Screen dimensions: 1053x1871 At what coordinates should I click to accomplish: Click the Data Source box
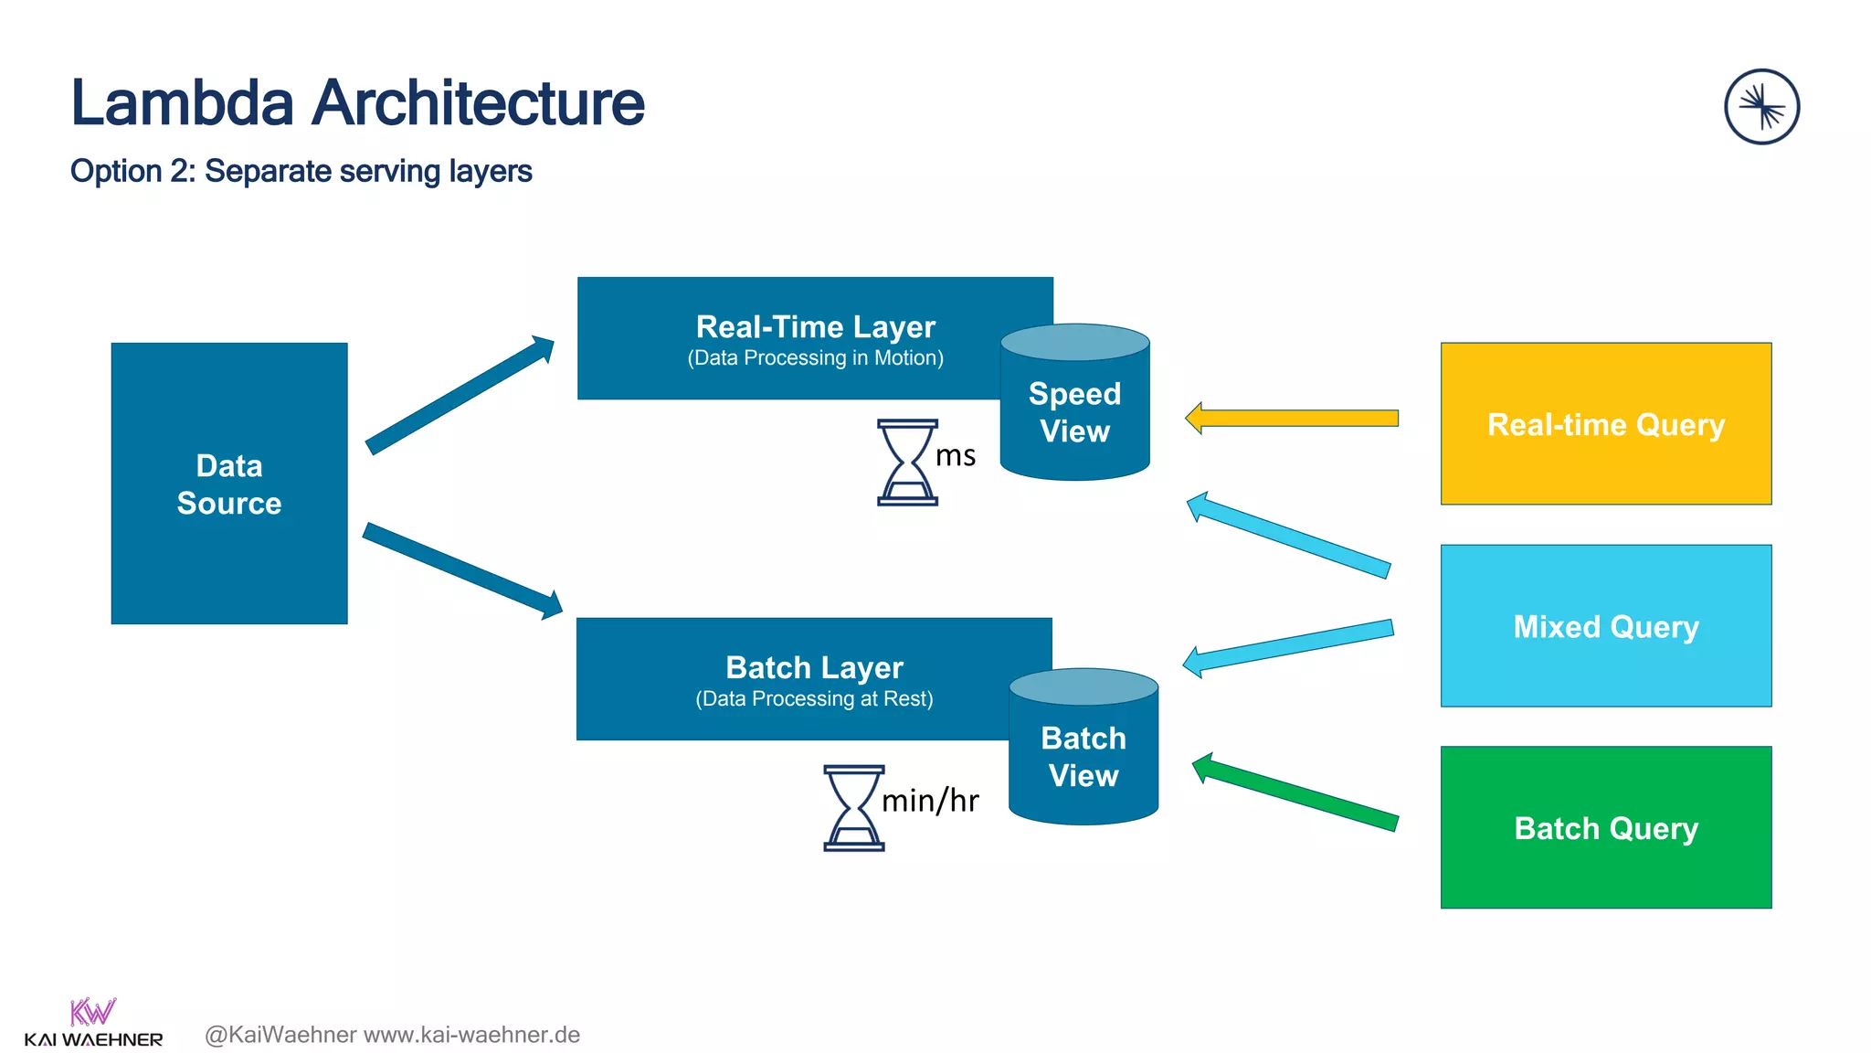click(x=228, y=484)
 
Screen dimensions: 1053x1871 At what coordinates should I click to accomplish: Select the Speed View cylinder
click(x=1074, y=411)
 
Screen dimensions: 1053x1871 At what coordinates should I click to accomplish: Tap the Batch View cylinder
click(x=1083, y=756)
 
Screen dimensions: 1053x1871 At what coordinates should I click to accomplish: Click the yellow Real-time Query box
click(x=1605, y=424)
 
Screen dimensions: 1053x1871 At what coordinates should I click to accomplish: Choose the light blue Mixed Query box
click(x=1605, y=626)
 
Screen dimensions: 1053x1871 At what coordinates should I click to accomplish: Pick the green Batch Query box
click(x=1605, y=828)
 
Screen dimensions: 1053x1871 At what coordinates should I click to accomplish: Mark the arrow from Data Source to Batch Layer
click(x=461, y=569)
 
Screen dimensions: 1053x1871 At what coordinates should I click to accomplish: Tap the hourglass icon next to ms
click(x=907, y=463)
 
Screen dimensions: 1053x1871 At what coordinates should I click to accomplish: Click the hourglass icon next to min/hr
click(x=853, y=808)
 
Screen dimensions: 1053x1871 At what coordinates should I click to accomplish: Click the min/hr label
click(x=930, y=801)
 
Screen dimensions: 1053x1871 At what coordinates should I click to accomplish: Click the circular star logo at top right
click(x=1761, y=107)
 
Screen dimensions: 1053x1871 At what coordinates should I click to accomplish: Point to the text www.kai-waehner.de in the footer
click(x=471, y=1035)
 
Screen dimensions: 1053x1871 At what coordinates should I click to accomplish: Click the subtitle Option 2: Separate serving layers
click(x=301, y=172)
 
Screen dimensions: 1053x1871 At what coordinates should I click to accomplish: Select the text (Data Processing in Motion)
click(x=815, y=358)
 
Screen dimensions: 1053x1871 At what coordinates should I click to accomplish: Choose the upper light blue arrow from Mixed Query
click(x=1289, y=536)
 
